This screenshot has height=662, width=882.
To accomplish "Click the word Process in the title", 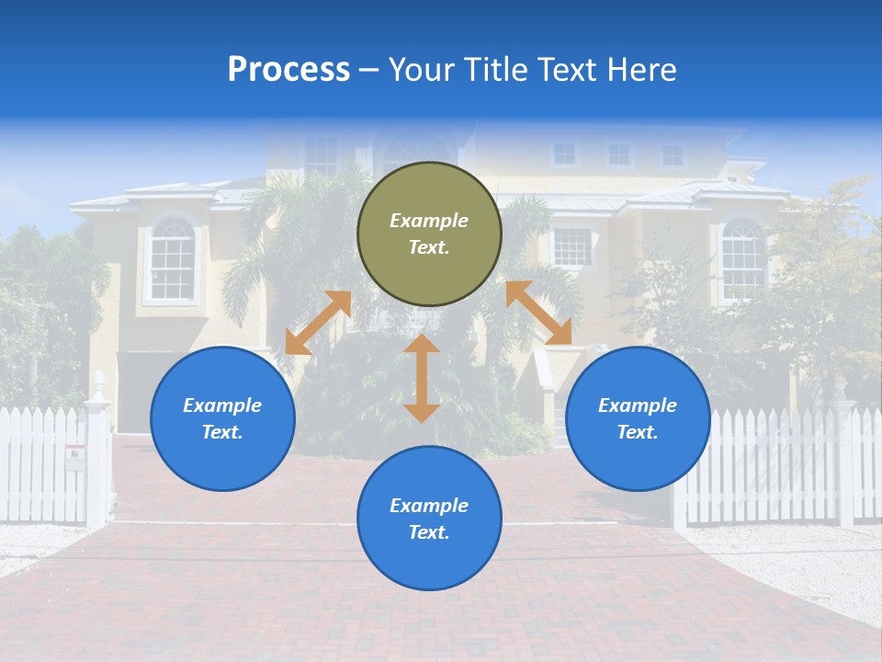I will click(x=288, y=70).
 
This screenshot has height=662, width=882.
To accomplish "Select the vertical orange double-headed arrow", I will click(x=422, y=379).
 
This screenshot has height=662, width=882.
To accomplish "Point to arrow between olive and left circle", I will click(x=318, y=323).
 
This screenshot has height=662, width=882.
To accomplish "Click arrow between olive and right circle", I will click(x=538, y=313).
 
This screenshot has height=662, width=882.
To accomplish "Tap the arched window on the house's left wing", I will click(x=172, y=259).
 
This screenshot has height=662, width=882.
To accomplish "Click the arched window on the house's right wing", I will click(x=742, y=259).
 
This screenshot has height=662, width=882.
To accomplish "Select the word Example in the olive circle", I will click(x=429, y=221).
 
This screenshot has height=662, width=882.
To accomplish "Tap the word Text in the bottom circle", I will click(x=428, y=532).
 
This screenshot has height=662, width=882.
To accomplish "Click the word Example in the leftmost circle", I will click(x=222, y=405).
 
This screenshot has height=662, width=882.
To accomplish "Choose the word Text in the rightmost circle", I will click(x=637, y=432).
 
